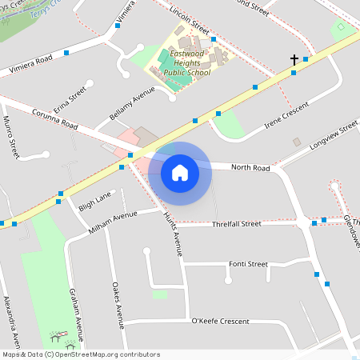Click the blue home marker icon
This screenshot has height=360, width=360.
(180, 172)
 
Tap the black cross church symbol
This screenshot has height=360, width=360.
(294, 60)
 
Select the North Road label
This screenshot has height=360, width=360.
(250, 168)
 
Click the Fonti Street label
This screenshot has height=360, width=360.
(247, 264)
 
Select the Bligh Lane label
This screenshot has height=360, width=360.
(94, 202)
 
